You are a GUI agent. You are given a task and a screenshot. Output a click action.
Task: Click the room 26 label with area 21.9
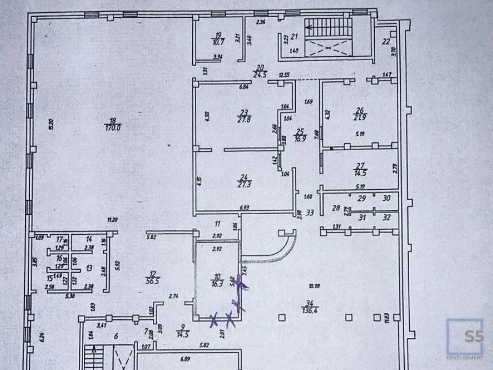[359, 113]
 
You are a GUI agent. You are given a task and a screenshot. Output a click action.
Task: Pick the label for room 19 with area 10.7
[218, 38]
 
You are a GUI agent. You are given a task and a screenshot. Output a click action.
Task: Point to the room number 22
[387, 41]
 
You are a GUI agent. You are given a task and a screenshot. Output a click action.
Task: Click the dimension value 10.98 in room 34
[314, 286]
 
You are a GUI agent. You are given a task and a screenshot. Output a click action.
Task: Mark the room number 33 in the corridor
[310, 213]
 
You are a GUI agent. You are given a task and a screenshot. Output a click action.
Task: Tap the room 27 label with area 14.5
[358, 169]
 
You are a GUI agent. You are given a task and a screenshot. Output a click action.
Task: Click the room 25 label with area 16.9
[299, 135]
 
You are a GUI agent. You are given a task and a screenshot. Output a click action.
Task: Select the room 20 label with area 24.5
[260, 71]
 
